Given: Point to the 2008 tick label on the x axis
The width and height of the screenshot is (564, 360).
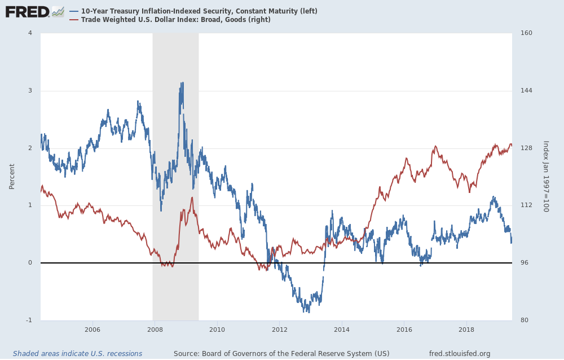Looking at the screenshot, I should [x=155, y=330].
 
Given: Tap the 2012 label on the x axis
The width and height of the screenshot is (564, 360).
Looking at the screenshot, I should [x=279, y=330].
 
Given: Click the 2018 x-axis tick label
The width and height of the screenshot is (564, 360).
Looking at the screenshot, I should [x=466, y=330].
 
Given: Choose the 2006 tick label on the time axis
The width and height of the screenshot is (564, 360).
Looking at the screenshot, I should [x=92, y=330].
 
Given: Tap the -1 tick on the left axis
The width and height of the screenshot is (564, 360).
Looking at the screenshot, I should [x=29, y=321].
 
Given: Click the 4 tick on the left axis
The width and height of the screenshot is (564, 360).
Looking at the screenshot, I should [x=30, y=33].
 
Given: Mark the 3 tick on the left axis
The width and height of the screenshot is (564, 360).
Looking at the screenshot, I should [x=30, y=91].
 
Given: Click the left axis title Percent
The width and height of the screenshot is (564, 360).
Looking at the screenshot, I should [x=12, y=177].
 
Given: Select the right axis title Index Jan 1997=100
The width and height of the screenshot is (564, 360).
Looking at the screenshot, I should [x=545, y=177].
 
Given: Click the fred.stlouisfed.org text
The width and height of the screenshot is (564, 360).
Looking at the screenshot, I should [x=460, y=354].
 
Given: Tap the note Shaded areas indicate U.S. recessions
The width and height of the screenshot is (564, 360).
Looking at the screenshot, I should [x=77, y=354].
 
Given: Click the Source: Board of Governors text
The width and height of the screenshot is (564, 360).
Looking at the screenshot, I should [x=281, y=354].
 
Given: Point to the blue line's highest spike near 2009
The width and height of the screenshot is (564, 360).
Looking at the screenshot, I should [x=182, y=83].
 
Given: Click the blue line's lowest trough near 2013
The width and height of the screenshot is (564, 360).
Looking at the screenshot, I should [x=309, y=311].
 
